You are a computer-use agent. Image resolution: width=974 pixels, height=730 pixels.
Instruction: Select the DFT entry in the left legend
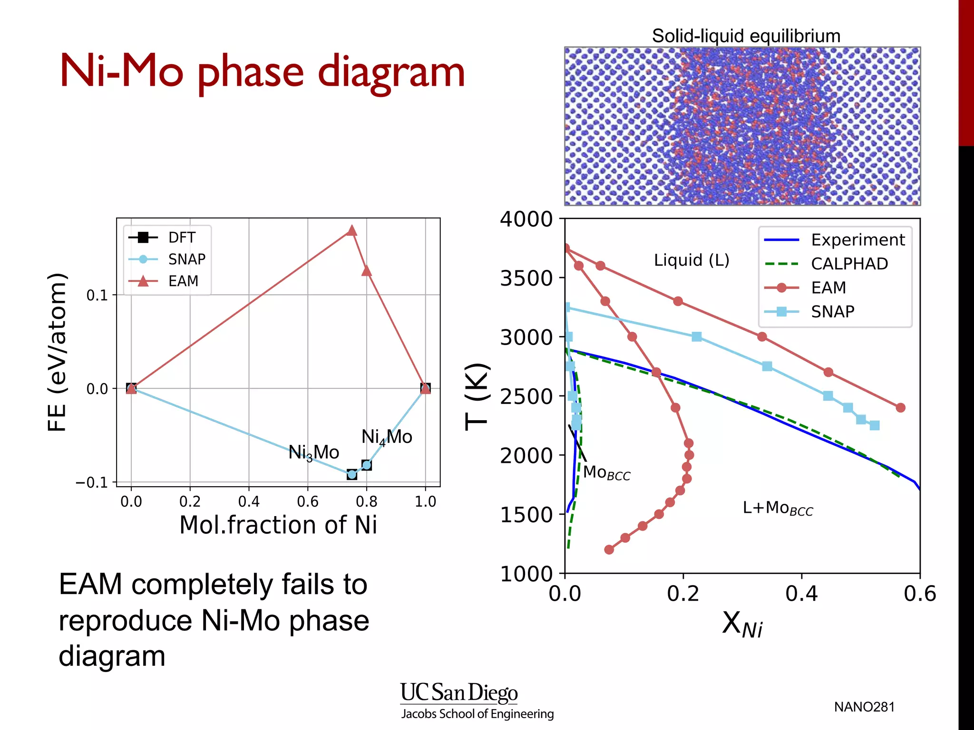(181, 237)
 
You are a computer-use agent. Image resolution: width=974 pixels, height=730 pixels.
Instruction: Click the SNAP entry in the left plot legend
(186, 259)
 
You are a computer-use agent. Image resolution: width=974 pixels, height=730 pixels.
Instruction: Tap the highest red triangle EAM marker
(351, 231)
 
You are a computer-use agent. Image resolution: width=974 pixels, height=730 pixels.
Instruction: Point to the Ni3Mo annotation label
(313, 452)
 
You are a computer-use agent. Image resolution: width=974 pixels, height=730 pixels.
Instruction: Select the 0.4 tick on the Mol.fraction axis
(249, 501)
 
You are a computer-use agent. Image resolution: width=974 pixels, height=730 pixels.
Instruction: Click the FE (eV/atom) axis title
(58, 352)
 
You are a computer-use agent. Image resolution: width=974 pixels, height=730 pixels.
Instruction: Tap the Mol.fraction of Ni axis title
(278, 525)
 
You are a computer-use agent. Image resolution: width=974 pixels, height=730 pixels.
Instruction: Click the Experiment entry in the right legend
(857, 240)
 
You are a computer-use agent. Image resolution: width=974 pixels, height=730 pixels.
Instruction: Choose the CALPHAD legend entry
(849, 264)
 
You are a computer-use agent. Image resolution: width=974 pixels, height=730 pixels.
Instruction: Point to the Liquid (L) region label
(692, 260)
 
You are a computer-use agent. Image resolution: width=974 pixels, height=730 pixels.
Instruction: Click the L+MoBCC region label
(778, 508)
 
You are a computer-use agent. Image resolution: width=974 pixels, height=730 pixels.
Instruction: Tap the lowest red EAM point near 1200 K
(609, 549)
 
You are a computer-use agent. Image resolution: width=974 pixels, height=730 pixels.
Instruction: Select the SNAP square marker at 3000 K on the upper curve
(696, 337)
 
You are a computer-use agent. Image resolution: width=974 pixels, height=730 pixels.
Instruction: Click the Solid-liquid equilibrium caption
(746, 36)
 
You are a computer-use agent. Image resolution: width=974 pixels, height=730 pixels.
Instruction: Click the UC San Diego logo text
(458, 693)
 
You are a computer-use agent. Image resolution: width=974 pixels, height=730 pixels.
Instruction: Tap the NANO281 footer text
(864, 707)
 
